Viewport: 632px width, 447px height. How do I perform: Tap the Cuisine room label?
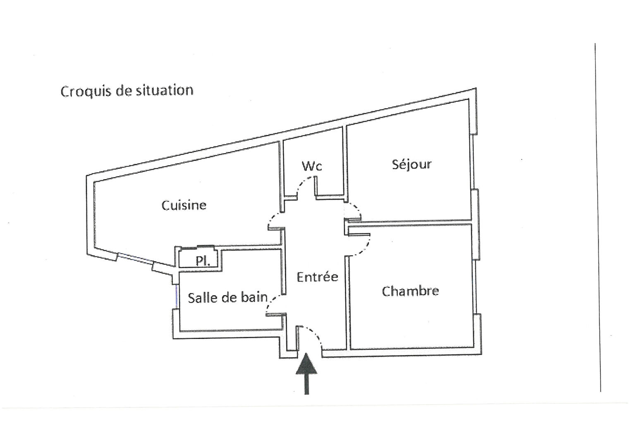click(184, 205)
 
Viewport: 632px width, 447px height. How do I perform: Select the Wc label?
click(312, 166)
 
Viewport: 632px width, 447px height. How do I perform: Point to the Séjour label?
click(412, 165)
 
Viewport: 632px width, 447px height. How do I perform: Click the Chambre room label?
click(410, 291)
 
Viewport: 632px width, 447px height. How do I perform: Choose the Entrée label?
click(317, 277)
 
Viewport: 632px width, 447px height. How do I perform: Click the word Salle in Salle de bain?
click(200, 298)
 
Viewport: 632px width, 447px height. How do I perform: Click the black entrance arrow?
click(306, 372)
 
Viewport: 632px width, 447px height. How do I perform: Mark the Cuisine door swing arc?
click(274, 217)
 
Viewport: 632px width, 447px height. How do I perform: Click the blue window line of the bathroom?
click(177, 296)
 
